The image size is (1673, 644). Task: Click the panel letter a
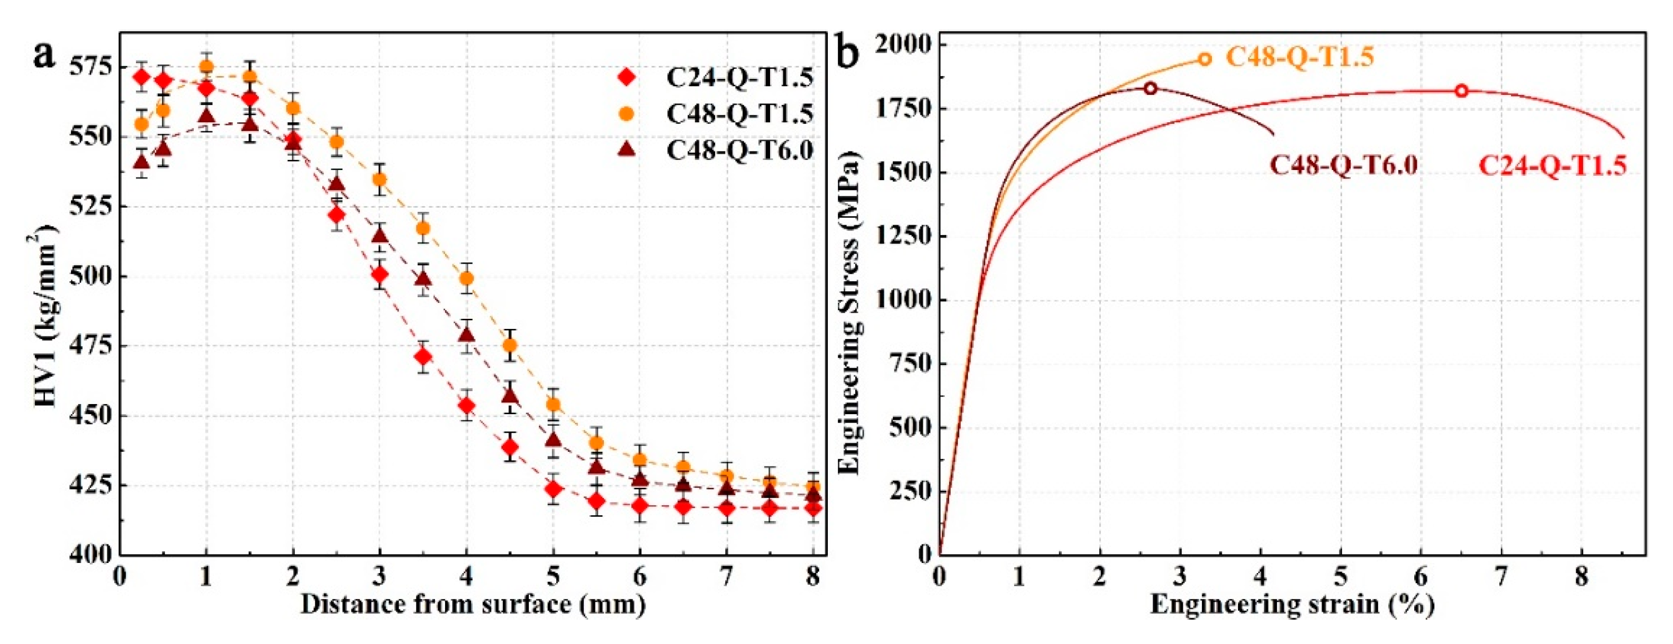45,54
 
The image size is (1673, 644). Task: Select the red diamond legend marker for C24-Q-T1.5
627,77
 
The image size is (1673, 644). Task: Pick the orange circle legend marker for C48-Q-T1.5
627,114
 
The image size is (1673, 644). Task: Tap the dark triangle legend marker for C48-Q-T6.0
627,150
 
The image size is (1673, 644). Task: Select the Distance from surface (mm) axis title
473,604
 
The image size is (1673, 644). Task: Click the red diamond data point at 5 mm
553,489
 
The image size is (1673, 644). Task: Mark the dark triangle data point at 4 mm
466,335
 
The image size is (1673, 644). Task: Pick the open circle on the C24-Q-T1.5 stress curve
1461,91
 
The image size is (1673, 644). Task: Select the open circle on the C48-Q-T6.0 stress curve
1150,88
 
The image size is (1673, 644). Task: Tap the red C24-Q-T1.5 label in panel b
1552,166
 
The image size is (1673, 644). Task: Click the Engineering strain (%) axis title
1292,604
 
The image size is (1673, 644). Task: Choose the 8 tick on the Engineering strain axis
1581,576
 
